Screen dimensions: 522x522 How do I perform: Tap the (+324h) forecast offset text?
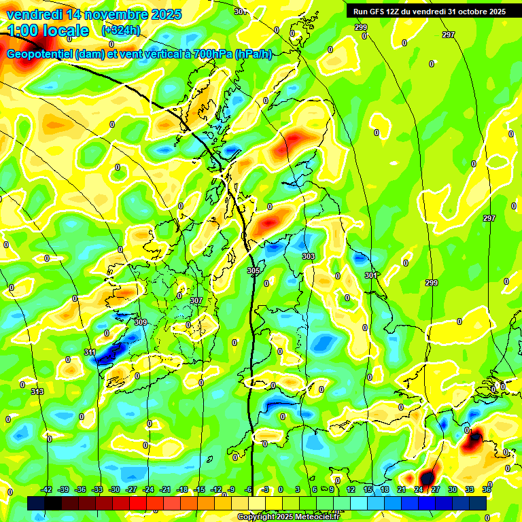tap(120, 31)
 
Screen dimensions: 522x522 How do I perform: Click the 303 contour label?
tap(309, 256)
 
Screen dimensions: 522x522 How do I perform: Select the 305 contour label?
tap(254, 271)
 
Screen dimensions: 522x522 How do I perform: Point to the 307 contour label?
tap(196, 300)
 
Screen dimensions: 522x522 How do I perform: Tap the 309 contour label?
tap(141, 322)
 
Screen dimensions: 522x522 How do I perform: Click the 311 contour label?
tap(90, 352)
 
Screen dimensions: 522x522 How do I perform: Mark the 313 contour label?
tap(37, 391)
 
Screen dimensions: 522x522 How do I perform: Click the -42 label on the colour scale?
tap(46, 489)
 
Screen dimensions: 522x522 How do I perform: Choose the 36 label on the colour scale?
tap(487, 489)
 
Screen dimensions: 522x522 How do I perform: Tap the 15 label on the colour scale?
tap(368, 489)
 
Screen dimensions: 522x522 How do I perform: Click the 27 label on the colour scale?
tap(436, 489)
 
